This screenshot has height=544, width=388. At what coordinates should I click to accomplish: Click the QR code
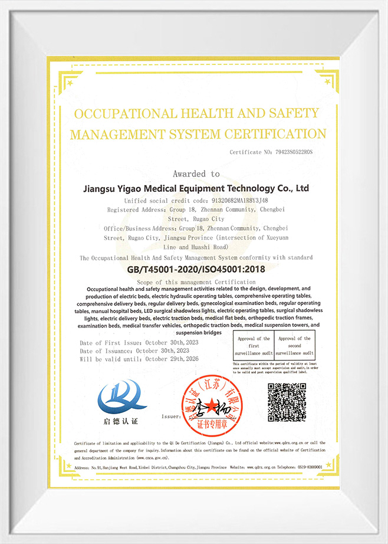287,402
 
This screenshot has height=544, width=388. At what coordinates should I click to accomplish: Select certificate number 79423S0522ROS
296,152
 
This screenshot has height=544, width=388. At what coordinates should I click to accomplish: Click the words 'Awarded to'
196,174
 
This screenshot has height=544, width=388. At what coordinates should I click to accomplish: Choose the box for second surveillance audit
295,345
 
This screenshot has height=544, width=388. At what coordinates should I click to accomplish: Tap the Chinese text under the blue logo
122,421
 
